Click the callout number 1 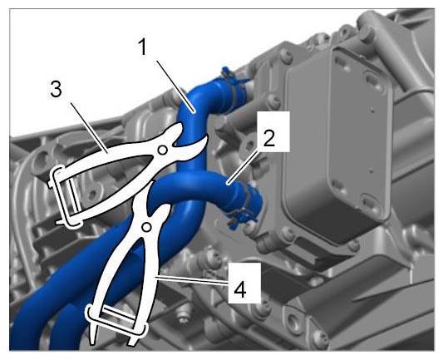(x=143, y=47)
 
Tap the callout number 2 (x=268, y=138)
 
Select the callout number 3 (x=56, y=89)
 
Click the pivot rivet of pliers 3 (x=162, y=150)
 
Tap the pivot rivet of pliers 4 (x=146, y=227)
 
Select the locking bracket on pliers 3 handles (x=66, y=196)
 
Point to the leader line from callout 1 (x=175, y=86)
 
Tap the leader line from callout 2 (x=243, y=167)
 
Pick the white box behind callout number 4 (x=244, y=283)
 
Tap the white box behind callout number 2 (x=273, y=131)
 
